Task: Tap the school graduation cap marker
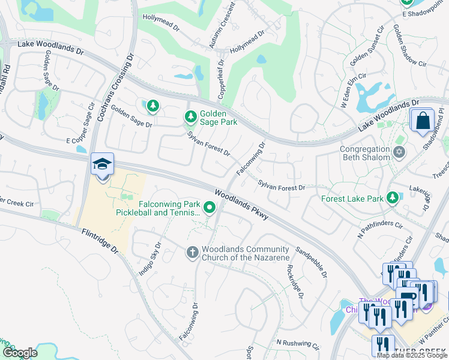tap(102, 164)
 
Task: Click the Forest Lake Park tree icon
tap(393, 197)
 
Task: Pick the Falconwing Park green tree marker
tap(209, 208)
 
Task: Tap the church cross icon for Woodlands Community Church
tap(192, 252)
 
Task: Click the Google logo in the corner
tap(20, 353)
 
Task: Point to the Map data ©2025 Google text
tap(412, 355)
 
